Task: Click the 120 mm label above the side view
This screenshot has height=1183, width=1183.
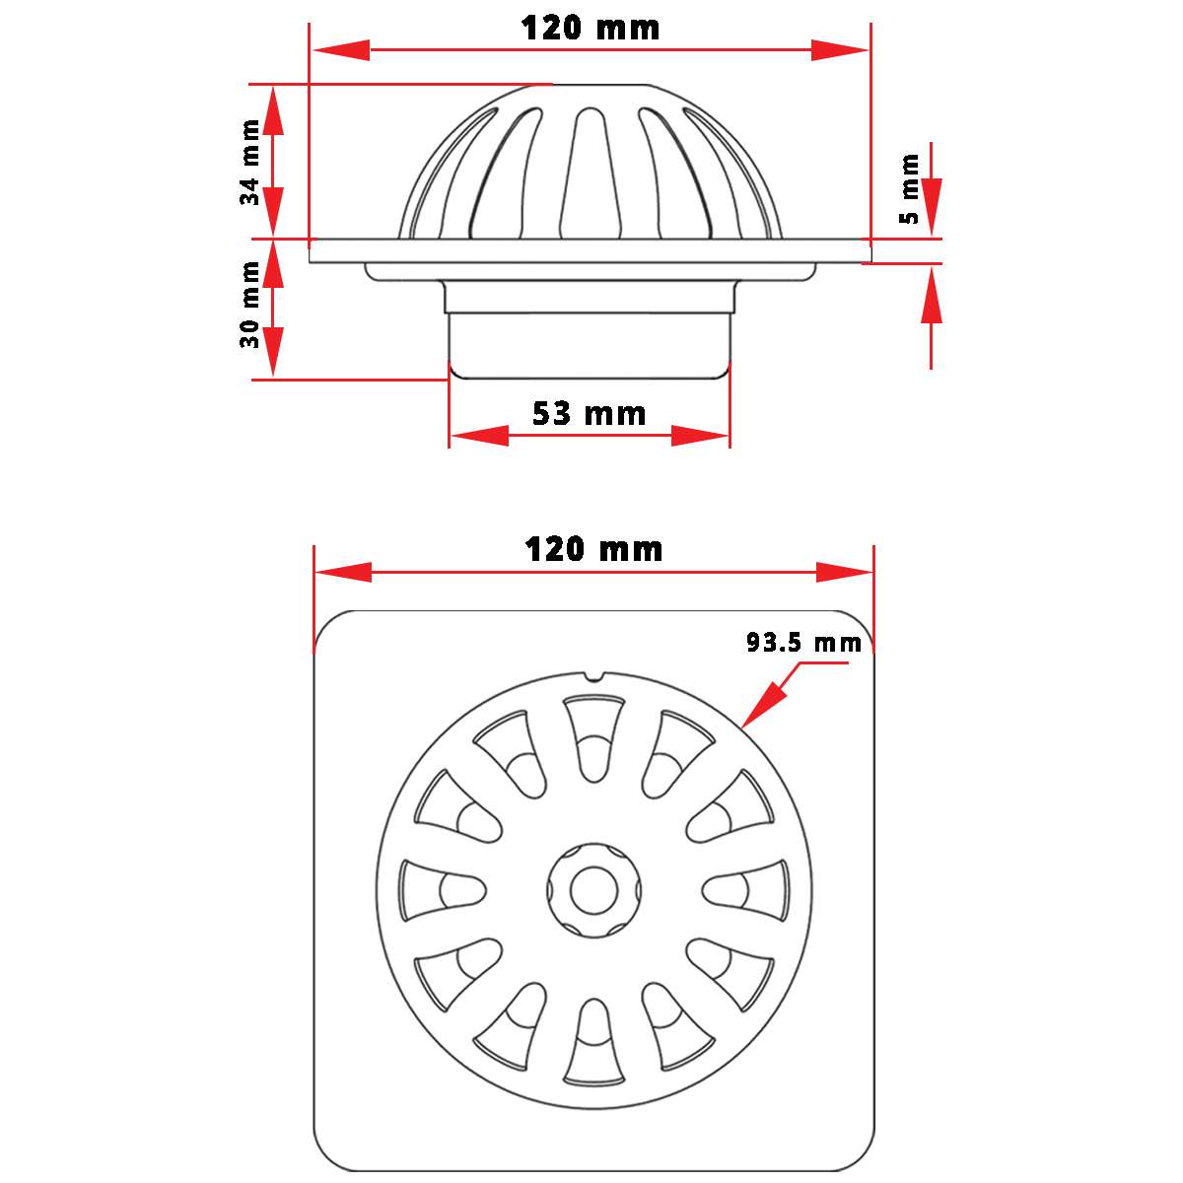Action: tap(590, 29)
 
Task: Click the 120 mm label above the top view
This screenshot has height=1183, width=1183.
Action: tap(593, 549)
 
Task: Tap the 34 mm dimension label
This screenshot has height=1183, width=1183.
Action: tap(250, 162)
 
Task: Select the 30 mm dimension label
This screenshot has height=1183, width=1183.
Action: tap(250, 305)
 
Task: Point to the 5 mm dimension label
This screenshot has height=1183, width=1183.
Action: tap(909, 188)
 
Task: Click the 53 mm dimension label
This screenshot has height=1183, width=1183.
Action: tap(590, 413)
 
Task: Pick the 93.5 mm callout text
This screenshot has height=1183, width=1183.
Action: tap(804, 643)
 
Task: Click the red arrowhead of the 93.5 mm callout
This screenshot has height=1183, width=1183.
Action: tap(761, 706)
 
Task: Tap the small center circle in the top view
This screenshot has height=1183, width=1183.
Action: tap(593, 889)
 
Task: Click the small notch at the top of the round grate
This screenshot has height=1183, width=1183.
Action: tap(593, 676)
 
